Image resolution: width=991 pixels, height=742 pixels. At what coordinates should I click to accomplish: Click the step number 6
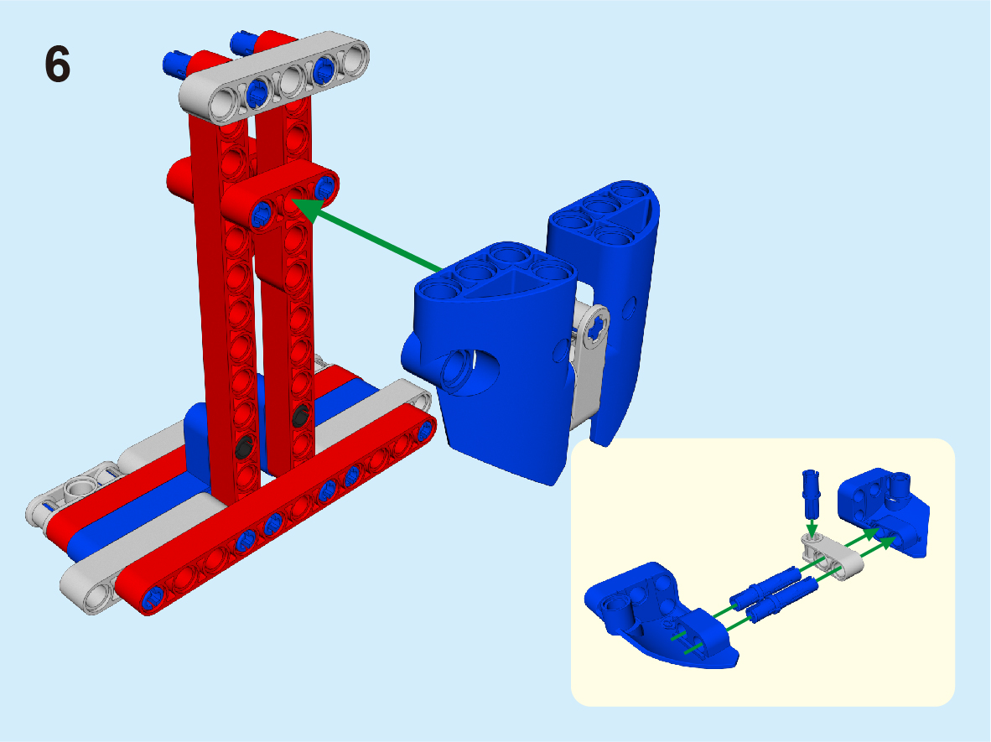pyautogui.click(x=58, y=65)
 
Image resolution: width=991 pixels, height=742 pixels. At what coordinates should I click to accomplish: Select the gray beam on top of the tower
pyautogui.click(x=274, y=76)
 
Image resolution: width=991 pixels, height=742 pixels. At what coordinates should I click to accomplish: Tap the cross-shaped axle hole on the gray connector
pyautogui.click(x=594, y=329)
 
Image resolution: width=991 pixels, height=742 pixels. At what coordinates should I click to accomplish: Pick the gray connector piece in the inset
pyautogui.click(x=833, y=556)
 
